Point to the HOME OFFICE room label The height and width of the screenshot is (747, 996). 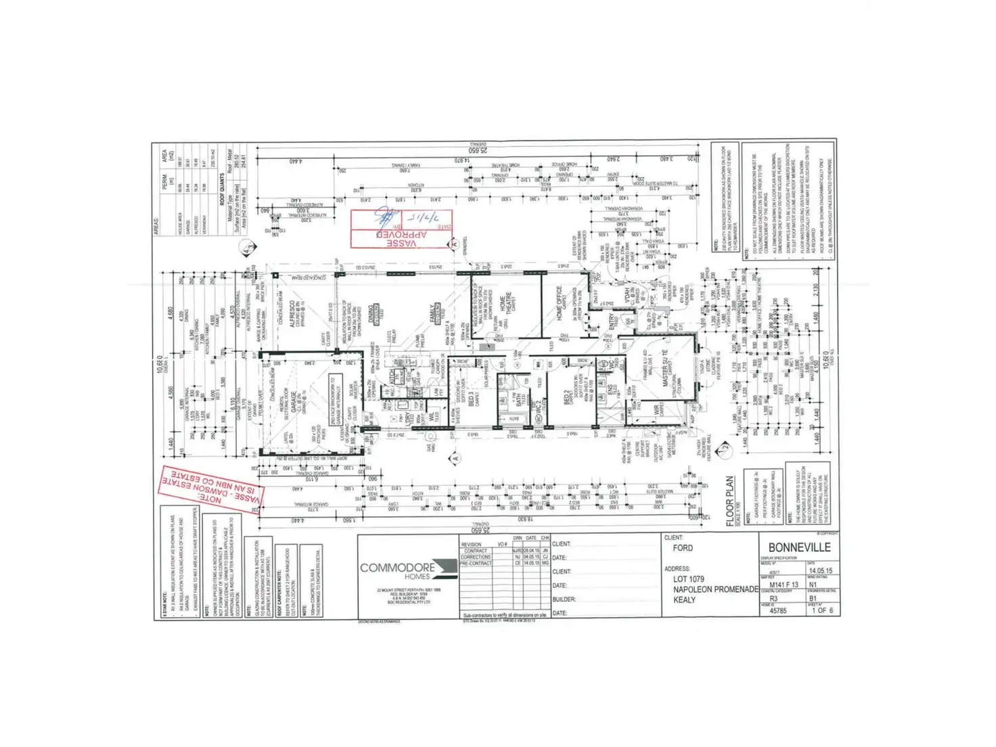tap(559, 302)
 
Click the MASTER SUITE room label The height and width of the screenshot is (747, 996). tap(666, 369)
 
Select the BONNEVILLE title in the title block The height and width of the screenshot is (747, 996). tap(799, 547)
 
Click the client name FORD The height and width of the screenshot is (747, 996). tap(683, 547)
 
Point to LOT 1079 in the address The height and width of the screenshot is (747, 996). tap(689, 579)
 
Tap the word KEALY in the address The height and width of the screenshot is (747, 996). tap(684, 599)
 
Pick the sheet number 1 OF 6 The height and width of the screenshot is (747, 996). tap(821, 610)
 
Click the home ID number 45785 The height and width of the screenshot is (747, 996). tap(779, 610)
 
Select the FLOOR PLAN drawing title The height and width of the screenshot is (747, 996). tap(730, 501)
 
